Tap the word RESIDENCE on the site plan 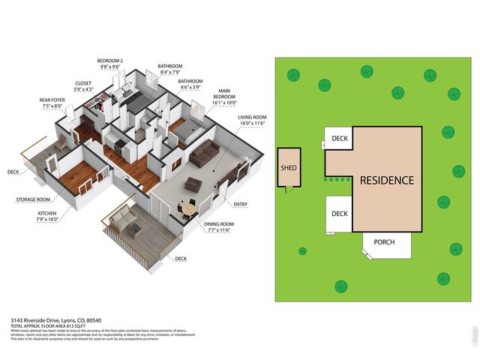(x=386, y=181)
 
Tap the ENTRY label (x=241, y=204)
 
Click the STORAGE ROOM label (x=33, y=200)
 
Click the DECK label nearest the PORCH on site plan (x=340, y=214)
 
